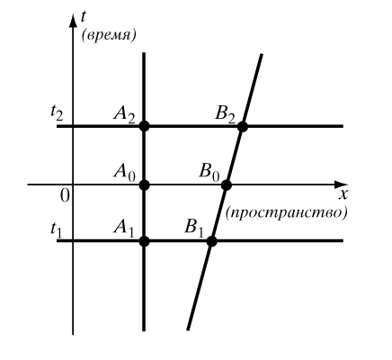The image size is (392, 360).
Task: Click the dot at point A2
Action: tap(144, 126)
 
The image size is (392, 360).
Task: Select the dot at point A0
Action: tap(144, 185)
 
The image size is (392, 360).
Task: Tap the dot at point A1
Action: tap(144, 241)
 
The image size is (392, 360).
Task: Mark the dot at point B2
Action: tap(243, 126)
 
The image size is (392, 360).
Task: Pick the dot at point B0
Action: tap(227, 185)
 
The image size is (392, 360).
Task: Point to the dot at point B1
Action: tap(211, 241)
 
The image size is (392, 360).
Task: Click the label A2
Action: tap(124, 114)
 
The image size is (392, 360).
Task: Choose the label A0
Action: tap(124, 173)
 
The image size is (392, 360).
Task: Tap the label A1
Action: tap(124, 229)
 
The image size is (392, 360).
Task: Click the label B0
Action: tap(209, 173)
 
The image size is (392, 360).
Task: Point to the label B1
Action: tap(194, 229)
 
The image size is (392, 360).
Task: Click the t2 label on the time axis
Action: tap(57, 113)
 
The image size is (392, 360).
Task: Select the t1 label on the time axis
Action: tap(56, 230)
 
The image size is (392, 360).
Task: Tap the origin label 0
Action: tap(65, 196)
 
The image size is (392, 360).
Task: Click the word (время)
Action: tap(109, 36)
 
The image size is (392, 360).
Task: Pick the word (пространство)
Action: tap(286, 212)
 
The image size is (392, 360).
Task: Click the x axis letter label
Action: tap(343, 195)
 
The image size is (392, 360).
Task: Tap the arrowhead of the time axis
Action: tap(73, 21)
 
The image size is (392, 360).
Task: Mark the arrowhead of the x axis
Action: tap(341, 184)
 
